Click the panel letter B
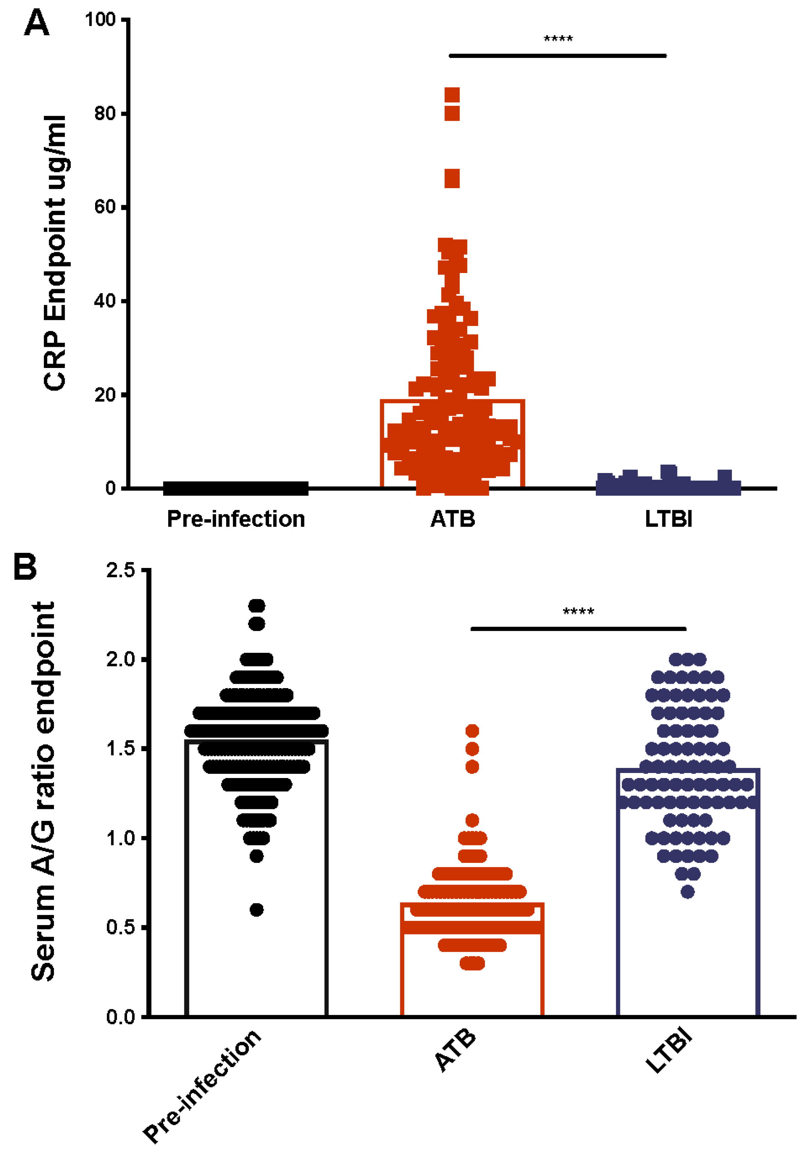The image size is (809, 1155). tap(25, 567)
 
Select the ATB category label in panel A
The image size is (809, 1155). tap(452, 519)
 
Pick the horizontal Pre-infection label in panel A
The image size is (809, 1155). tap(235, 519)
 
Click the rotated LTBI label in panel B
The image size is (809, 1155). tap(669, 1051)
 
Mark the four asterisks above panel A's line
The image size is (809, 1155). tap(558, 39)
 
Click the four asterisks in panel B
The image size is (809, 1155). tap(578, 612)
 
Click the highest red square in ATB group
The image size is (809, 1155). tap(452, 95)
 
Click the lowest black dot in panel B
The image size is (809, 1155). tap(257, 910)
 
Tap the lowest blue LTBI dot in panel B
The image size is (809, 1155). tap(688, 892)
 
